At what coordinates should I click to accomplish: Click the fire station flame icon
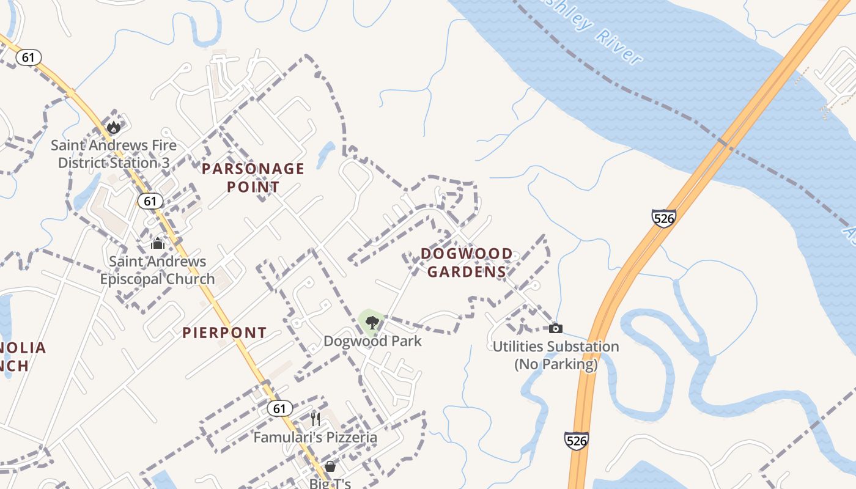[x=114, y=127]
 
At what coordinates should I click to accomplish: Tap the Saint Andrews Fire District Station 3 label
[x=114, y=154]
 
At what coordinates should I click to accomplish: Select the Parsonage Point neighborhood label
[x=253, y=178]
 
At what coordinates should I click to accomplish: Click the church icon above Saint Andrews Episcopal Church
[x=158, y=243]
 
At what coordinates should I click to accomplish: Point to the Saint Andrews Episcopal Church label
[x=157, y=270]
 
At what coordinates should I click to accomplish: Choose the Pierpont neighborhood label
[x=225, y=333]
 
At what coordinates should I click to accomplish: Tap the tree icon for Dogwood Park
[x=371, y=322]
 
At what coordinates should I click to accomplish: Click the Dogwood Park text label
[x=372, y=341]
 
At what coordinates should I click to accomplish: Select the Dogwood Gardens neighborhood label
[x=467, y=262]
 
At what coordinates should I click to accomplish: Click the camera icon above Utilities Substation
[x=555, y=328]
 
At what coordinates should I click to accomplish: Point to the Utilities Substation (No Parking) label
[x=555, y=355]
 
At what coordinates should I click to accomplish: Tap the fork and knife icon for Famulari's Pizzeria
[x=315, y=419]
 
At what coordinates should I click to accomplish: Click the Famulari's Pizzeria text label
[x=315, y=438]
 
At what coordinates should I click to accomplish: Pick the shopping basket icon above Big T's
[x=330, y=466]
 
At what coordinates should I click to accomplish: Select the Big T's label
[x=330, y=483]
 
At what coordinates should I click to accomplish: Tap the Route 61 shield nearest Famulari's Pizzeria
[x=279, y=408]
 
